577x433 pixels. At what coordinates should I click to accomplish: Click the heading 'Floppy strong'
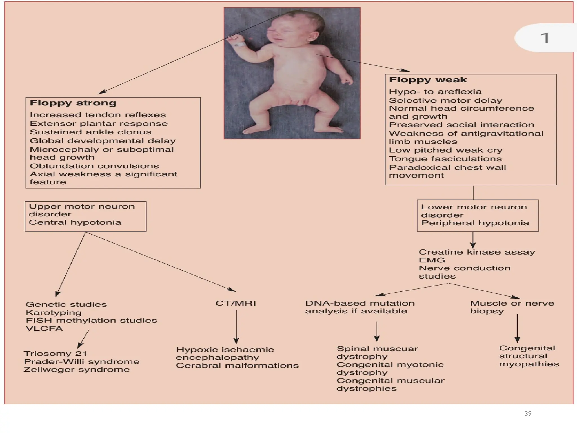pos(73,103)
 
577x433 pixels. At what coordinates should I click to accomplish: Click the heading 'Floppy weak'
pos(428,80)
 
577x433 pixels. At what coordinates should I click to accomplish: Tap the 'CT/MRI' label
pos(236,303)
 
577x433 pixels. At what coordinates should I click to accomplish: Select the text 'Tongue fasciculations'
pos(445,159)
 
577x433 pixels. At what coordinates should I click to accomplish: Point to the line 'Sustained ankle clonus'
pos(90,132)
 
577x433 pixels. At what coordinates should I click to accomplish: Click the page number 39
pos(528,414)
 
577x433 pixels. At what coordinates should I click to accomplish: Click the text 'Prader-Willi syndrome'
pos(82,362)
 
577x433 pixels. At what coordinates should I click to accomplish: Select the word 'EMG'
pos(432,260)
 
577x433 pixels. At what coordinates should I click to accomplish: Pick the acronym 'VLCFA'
pos(44,328)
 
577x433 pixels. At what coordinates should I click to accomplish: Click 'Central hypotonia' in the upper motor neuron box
pos(75,222)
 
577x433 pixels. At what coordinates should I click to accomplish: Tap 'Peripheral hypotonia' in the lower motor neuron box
pos(475,223)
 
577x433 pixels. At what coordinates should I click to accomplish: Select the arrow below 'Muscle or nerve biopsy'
pos(517,328)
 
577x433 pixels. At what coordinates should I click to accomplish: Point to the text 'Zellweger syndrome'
pos(77,370)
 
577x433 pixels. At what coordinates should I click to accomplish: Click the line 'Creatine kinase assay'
pos(476,252)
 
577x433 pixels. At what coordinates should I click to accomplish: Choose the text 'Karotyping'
pos(54,313)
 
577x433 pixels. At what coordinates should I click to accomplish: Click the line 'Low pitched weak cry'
pos(445,150)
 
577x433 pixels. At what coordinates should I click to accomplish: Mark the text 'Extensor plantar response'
pos(99,124)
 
